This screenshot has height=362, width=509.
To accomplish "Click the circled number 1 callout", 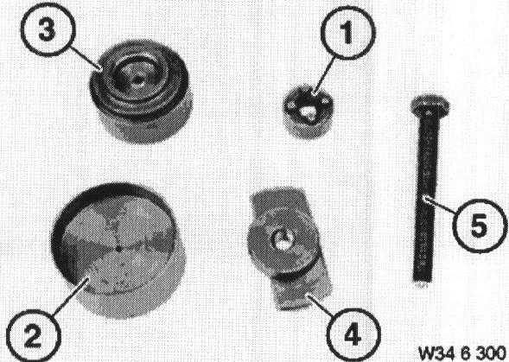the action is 348,33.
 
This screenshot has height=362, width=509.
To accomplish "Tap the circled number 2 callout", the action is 34,336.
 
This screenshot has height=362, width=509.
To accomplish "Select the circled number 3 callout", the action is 48,30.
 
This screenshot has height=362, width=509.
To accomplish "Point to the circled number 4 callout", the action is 353,334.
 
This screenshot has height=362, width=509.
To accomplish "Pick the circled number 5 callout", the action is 480,225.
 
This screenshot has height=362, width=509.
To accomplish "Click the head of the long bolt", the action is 430,105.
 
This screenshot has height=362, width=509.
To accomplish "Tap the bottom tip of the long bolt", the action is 422,283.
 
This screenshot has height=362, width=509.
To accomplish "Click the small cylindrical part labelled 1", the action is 307,112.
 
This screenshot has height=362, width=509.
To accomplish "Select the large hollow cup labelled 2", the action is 118,251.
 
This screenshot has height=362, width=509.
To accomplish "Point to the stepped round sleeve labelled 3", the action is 141,92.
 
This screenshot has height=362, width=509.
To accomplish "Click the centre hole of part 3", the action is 138,79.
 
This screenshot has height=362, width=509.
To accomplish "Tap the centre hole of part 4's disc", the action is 283,241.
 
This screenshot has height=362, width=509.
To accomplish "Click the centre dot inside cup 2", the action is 118,249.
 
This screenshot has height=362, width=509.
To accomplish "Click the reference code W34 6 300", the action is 462,352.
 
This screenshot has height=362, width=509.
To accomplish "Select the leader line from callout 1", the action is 324,76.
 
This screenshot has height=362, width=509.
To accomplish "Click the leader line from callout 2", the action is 69,295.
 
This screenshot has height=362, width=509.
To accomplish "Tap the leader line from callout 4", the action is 322,304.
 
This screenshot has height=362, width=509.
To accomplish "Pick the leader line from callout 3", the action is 86,58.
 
